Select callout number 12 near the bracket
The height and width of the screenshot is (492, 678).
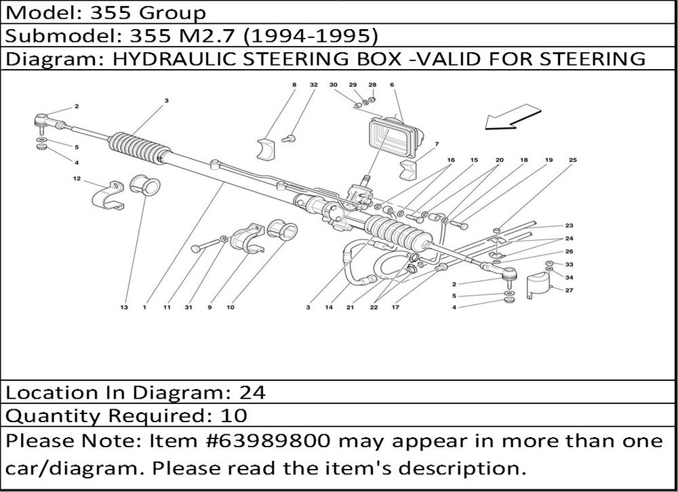77,179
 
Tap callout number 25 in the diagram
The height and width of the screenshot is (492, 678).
573,160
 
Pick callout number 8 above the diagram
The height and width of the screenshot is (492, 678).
294,85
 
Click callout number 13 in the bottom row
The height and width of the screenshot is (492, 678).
124,307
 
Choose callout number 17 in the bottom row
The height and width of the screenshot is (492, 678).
394,307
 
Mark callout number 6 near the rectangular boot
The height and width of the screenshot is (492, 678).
392,85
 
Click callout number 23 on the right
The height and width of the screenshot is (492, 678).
569,226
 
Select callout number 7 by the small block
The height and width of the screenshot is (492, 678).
437,144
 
